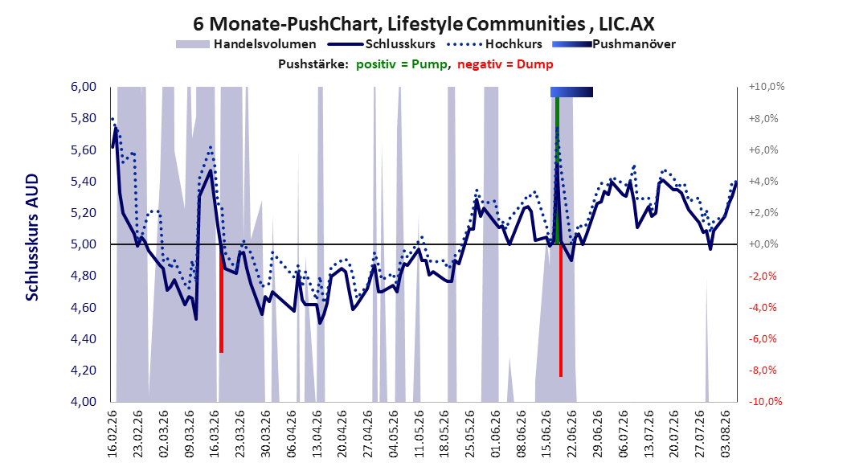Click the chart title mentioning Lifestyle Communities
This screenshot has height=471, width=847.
pos(423,24)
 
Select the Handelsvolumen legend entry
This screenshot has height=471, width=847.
pos(246,44)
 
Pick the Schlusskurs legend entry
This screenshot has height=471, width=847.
pos(382,44)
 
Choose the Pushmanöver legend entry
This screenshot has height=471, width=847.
pos(614,44)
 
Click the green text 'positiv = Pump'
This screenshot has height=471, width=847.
pos(401,64)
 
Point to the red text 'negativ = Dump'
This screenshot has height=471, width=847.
pos(505,64)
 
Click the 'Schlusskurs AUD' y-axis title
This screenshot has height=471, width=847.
pos(32,237)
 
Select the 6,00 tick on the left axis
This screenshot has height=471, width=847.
pos(84,87)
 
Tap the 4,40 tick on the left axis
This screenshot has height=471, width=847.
pos(84,338)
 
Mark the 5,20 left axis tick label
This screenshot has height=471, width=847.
pos(84,213)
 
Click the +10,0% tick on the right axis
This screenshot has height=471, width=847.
pos(766,87)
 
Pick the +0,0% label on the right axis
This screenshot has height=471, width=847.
pos(763,244)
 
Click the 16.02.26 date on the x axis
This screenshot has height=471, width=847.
pos(113,434)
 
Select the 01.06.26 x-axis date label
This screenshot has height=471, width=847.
pos(496,434)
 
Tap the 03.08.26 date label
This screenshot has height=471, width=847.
pos(726,434)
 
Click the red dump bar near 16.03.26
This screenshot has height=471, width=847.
pos(222,298)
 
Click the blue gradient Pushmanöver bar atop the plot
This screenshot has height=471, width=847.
pos(571,92)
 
